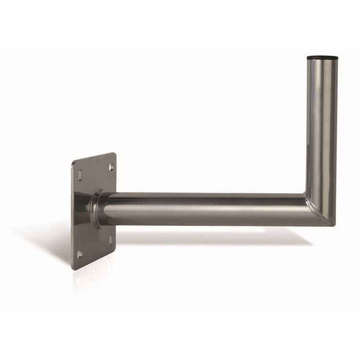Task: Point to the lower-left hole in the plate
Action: click(79, 252)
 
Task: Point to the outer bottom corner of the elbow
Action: click(332, 224)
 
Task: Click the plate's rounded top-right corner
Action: click(114, 154)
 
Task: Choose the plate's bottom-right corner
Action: click(116, 247)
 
